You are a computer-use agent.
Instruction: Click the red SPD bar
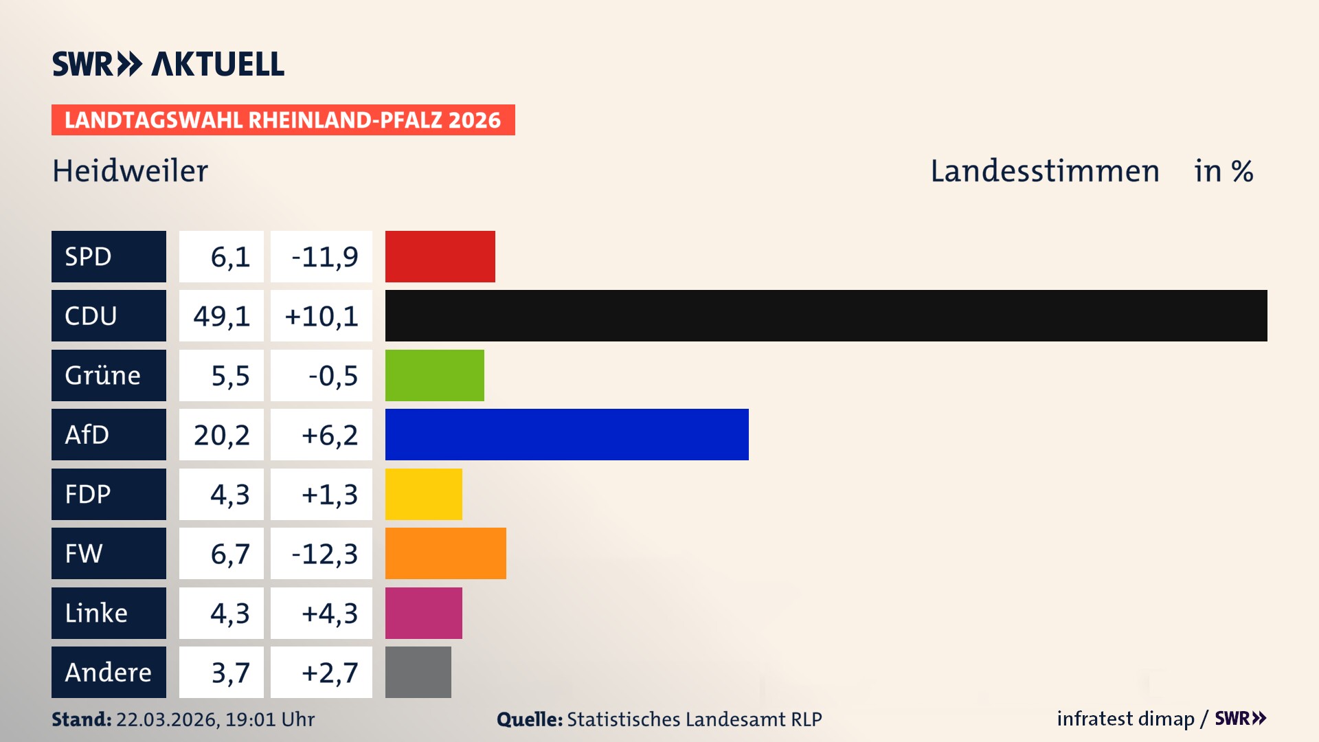(440, 256)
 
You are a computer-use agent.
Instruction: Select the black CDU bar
(826, 315)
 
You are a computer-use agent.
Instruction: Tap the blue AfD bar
(567, 434)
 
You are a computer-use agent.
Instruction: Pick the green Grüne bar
(434, 375)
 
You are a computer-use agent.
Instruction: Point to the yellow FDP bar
(423, 494)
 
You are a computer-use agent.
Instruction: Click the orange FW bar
(445, 553)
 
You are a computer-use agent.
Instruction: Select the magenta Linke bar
(423, 613)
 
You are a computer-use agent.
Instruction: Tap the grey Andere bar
(418, 672)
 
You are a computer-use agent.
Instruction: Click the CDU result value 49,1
(221, 316)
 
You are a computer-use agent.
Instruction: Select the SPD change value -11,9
(324, 257)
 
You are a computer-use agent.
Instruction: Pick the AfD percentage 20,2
(221, 435)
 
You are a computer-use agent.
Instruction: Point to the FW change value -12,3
(324, 554)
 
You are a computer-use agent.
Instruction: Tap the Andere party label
(109, 672)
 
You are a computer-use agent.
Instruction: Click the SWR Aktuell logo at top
(168, 64)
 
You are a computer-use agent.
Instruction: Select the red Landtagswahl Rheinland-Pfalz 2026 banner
(283, 120)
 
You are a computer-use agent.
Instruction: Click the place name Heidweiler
(130, 171)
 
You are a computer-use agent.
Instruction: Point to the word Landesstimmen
(1044, 171)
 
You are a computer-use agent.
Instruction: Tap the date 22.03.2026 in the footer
(167, 719)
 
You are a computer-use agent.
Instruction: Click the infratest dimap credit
(1125, 719)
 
